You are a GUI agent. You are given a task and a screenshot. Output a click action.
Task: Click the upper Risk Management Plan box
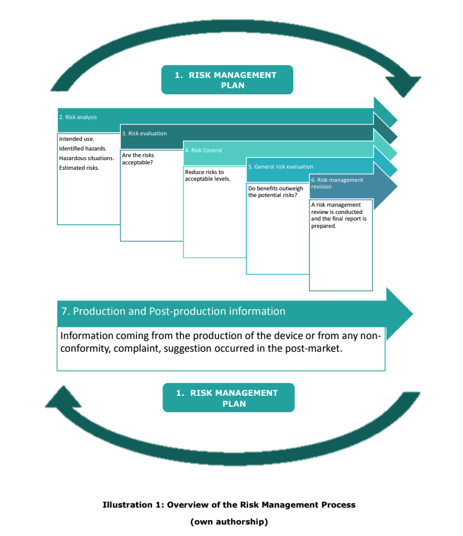(x=227, y=80)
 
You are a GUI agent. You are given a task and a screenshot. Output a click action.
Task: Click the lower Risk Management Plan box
(x=228, y=398)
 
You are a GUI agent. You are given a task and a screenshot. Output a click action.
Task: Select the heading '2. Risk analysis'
(x=78, y=117)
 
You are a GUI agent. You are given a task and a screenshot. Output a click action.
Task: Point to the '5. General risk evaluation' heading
(x=281, y=167)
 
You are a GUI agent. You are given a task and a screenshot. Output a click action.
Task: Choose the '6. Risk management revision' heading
(x=337, y=183)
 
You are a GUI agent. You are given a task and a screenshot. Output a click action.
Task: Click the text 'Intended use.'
(x=77, y=139)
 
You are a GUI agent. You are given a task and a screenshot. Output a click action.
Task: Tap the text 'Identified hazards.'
(x=83, y=149)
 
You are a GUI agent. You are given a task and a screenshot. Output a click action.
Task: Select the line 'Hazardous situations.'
(x=86, y=158)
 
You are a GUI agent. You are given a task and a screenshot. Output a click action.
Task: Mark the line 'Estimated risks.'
(x=79, y=168)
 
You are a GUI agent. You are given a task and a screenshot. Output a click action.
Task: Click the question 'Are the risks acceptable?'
(x=138, y=159)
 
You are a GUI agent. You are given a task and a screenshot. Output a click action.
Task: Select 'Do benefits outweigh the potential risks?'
(x=276, y=192)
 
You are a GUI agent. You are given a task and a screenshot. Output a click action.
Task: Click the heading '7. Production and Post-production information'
(x=173, y=312)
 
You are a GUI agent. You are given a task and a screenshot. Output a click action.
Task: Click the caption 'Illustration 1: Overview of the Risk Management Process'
(x=229, y=505)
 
